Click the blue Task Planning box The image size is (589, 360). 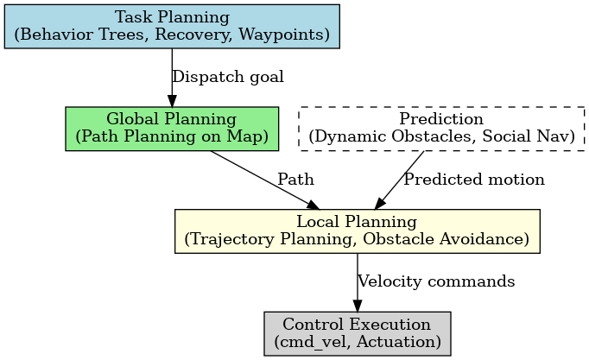[x=172, y=26]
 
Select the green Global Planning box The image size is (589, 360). [x=172, y=129]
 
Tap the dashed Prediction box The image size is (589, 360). [x=441, y=129]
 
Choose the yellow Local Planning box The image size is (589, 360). [x=358, y=231]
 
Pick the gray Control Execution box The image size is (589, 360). [x=358, y=334]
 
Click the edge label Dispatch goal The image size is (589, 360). [x=228, y=77]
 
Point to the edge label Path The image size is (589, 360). [x=295, y=180]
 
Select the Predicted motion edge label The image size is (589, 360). [x=474, y=180]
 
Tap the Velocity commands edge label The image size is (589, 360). [x=436, y=281]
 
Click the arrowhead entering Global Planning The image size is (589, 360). [x=172, y=101]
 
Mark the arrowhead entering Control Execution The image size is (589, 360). [x=358, y=306]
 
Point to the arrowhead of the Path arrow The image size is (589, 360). [x=313, y=205]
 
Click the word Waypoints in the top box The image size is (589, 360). [x=284, y=35]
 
